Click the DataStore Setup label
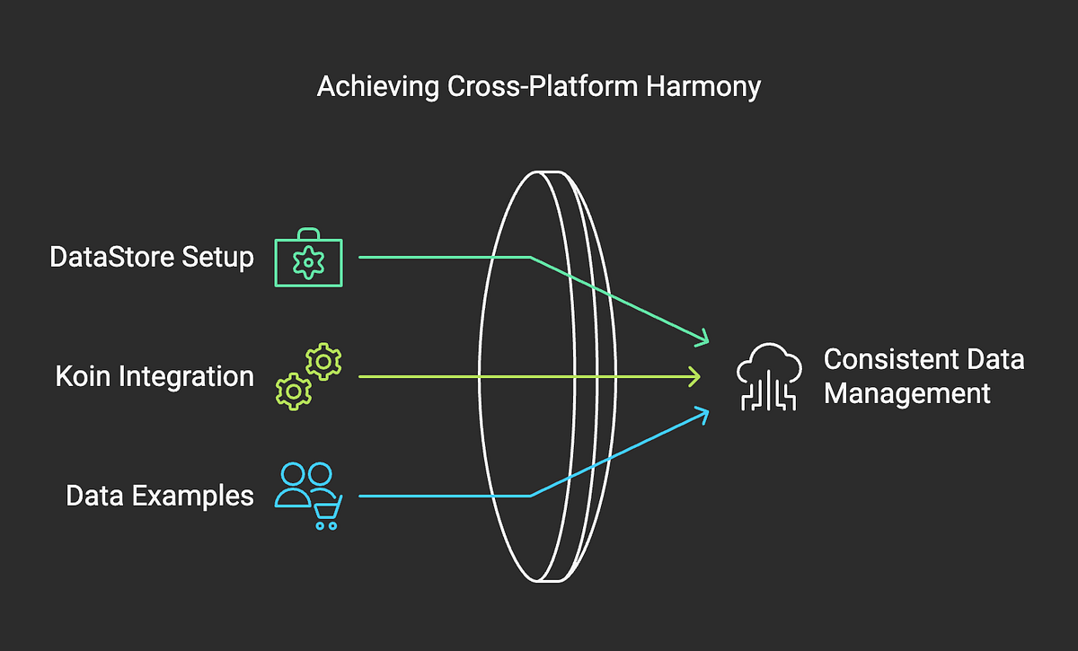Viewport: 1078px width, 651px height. [x=152, y=258]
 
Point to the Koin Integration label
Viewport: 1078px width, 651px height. [x=155, y=376]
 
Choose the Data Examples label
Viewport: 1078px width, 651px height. [x=160, y=496]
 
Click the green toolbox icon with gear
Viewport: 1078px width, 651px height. [x=308, y=260]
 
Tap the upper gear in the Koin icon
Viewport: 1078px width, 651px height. [x=323, y=361]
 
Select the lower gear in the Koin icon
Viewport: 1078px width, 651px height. [x=294, y=391]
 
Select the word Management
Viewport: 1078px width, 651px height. [x=907, y=393]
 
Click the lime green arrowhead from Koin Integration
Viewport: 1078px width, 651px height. [x=695, y=376]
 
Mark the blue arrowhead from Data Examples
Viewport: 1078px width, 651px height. [x=703, y=414]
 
